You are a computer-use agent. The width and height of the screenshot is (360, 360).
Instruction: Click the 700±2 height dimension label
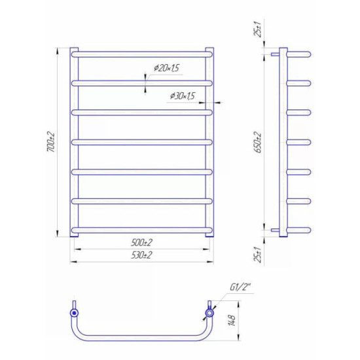tap(52, 141)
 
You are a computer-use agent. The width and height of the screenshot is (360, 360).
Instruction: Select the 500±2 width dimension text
tap(141, 242)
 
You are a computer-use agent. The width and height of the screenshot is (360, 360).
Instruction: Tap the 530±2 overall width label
tap(141, 255)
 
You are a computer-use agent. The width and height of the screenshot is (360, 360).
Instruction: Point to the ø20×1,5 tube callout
tap(167, 68)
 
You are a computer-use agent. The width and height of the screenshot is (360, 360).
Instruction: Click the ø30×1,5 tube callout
tap(183, 96)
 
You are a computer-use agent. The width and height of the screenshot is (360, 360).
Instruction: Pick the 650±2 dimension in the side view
tap(258, 142)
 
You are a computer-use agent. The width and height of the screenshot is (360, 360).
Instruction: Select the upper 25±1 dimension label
tap(258, 29)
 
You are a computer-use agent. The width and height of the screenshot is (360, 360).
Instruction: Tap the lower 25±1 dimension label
tap(258, 255)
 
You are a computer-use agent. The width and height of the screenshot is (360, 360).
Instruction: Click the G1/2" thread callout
tap(240, 287)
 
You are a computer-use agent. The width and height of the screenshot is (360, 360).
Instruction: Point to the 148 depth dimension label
tap(232, 320)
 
